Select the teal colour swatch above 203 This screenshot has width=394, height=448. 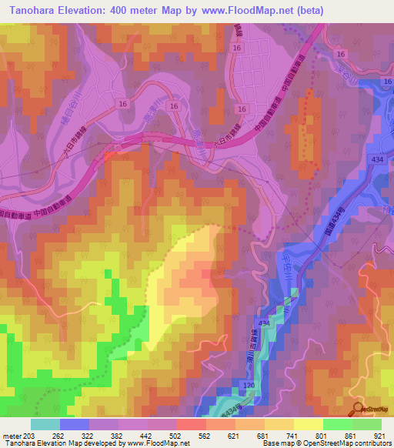(x=45, y=424)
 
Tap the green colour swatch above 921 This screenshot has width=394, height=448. (x=366, y=424)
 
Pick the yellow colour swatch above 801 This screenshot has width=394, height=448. (x=308, y=424)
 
